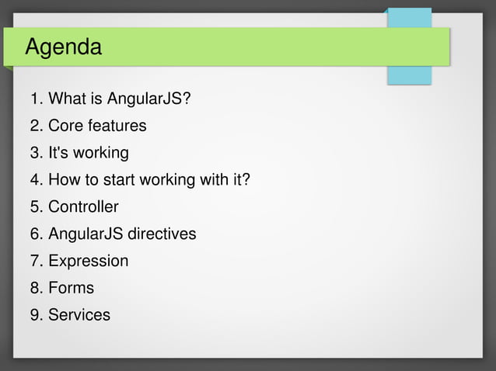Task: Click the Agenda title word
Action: click(63, 47)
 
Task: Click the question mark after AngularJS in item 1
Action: click(186, 99)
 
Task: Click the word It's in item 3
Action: click(58, 153)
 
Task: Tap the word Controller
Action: click(83, 207)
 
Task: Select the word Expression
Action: click(88, 262)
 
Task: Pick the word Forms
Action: click(71, 288)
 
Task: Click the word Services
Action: click(79, 315)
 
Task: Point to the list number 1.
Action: click(34, 99)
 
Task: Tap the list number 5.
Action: click(34, 207)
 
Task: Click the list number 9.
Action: click(34, 315)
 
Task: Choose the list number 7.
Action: click(34, 262)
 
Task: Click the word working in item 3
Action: click(100, 153)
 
